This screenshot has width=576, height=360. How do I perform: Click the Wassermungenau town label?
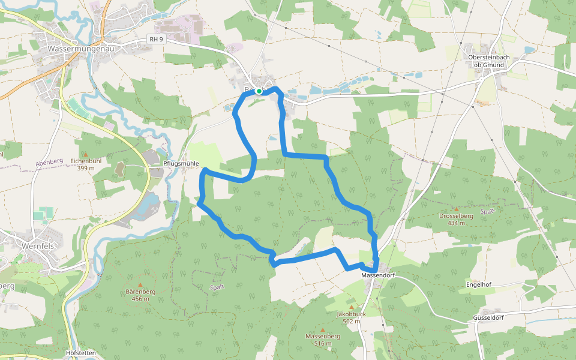pyautogui.click(x=77, y=47)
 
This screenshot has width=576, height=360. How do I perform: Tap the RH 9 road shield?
pyautogui.click(x=157, y=39)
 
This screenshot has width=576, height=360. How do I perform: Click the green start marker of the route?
pyautogui.click(x=259, y=91)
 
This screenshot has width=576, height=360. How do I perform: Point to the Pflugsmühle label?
pyautogui.click(x=181, y=163)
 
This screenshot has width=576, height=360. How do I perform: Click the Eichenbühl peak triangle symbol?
pyautogui.click(x=85, y=154)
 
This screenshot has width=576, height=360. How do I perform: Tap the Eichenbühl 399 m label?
pyautogui.click(x=85, y=164)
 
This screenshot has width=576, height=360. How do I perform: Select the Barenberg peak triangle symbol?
pyautogui.click(x=140, y=285)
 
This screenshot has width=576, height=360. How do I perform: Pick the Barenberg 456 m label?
pyautogui.click(x=141, y=295)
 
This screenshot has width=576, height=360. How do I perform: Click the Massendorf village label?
pyautogui.click(x=378, y=275)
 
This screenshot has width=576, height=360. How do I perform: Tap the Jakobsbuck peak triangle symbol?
pyautogui.click(x=352, y=307)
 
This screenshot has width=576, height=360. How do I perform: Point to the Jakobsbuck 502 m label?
pyautogui.click(x=352, y=317)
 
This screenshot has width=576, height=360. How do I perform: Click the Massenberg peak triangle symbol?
pyautogui.click(x=322, y=329)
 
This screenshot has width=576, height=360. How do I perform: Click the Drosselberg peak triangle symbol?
pyautogui.click(x=456, y=209)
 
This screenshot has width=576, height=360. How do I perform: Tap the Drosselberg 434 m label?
pyautogui.click(x=456, y=219)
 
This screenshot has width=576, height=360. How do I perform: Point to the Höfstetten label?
pyautogui.click(x=82, y=353)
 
